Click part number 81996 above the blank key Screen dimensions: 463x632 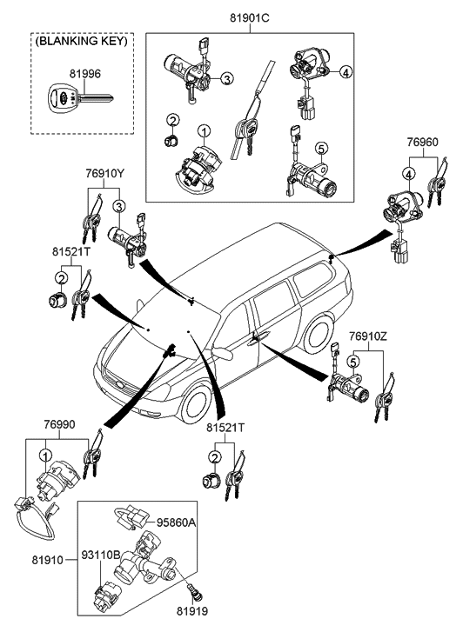tap(84, 74)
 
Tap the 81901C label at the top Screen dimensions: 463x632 tap(250, 18)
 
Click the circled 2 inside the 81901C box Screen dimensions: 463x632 tap(173, 120)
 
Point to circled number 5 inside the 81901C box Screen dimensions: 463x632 tap(321, 149)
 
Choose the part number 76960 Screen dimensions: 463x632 tap(422, 143)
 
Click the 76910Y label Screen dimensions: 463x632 tap(105, 173)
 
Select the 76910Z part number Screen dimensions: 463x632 tap(368, 336)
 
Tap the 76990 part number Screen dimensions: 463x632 tap(59, 424)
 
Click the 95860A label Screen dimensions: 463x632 tap(177, 522)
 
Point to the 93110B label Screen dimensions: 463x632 tap(101, 555)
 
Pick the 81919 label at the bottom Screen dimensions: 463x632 tap(192, 611)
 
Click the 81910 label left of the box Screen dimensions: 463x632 tap(48, 560)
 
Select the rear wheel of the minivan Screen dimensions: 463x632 tap(319, 335)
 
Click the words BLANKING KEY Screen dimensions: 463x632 tap(82, 41)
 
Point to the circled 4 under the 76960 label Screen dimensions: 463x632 tap(409, 175)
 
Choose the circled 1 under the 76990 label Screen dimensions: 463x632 tap(45, 455)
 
